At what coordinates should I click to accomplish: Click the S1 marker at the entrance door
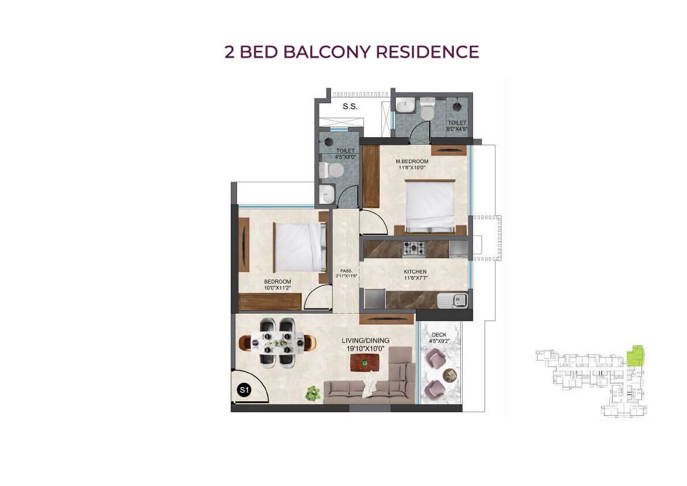[x=244, y=391]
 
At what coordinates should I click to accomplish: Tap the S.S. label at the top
[x=350, y=107]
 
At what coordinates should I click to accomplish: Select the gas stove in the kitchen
[x=414, y=248]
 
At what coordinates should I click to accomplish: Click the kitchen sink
[x=453, y=300]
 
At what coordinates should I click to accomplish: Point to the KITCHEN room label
[x=415, y=272]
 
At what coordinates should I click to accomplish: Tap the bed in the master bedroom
[x=430, y=205]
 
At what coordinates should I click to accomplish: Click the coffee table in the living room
[x=365, y=363]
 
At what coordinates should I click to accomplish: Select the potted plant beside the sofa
[x=313, y=393]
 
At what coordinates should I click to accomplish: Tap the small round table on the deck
[x=449, y=375]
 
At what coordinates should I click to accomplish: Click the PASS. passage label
[x=346, y=270]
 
